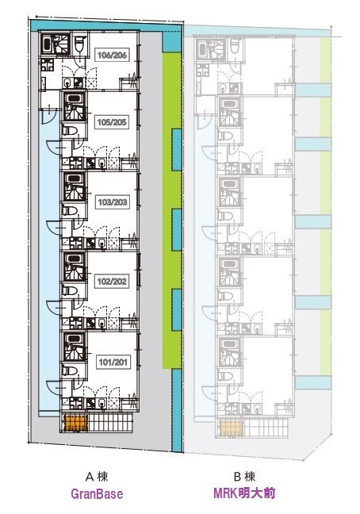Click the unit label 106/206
pyautogui.click(x=112, y=55)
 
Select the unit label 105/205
pyautogui.click(x=112, y=122)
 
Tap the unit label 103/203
pyautogui.click(x=113, y=202)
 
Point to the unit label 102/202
pyautogui.click(x=112, y=282)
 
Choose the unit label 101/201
pyautogui.click(x=113, y=362)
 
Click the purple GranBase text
pyautogui.click(x=97, y=494)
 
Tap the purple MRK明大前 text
pyautogui.click(x=244, y=493)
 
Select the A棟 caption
pyautogui.click(x=97, y=476)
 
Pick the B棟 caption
pyautogui.click(x=244, y=476)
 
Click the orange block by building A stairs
pyautogui.click(x=76, y=424)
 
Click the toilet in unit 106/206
pyautogui.click(x=80, y=44)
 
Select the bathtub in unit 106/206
pyautogui.click(x=47, y=45)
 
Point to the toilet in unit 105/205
pyautogui.click(x=70, y=131)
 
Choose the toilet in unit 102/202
pyautogui.click(x=70, y=290)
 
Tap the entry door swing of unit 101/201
pyautogui.click(x=52, y=387)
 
